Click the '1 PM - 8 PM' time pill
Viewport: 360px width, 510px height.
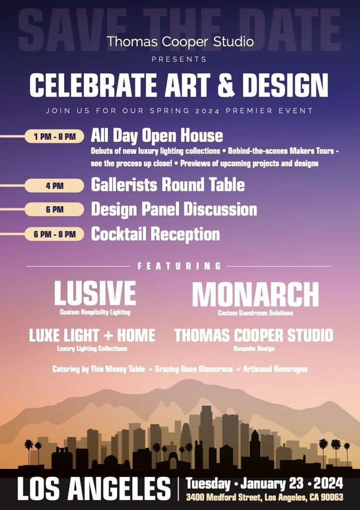pyautogui.click(x=54, y=137)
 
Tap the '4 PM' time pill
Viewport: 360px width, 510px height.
pyautogui.click(x=54, y=186)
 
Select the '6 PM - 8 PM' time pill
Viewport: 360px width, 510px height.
pyautogui.click(x=54, y=234)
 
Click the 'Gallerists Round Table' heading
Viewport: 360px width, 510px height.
pyautogui.click(x=168, y=184)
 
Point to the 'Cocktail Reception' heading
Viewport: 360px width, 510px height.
pyautogui.click(x=156, y=234)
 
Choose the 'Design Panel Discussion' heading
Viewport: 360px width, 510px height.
pyautogui.click(x=174, y=209)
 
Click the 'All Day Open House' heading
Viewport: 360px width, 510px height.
pyautogui.click(x=157, y=136)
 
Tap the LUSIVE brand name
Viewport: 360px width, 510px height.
pyautogui.click(x=95, y=293)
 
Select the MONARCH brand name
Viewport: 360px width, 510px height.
pyautogui.click(x=255, y=294)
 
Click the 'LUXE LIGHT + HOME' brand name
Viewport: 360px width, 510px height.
pyautogui.click(x=92, y=335)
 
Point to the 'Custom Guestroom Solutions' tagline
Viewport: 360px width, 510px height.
pyautogui.click(x=255, y=313)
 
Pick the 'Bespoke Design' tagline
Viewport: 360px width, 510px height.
pyautogui.click(x=254, y=348)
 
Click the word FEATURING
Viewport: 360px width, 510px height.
pyautogui.click(x=179, y=266)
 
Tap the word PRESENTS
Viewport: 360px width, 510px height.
pyautogui.click(x=179, y=59)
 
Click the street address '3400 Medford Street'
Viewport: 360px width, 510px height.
pyautogui.click(x=224, y=497)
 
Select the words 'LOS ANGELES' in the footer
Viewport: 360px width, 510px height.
pyautogui.click(x=94, y=488)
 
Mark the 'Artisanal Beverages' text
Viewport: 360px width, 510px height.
pyautogui.click(x=275, y=369)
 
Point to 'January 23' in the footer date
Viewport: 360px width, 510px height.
pyautogui.click(x=272, y=483)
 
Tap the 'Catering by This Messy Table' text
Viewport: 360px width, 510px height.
pyautogui.click(x=99, y=369)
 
